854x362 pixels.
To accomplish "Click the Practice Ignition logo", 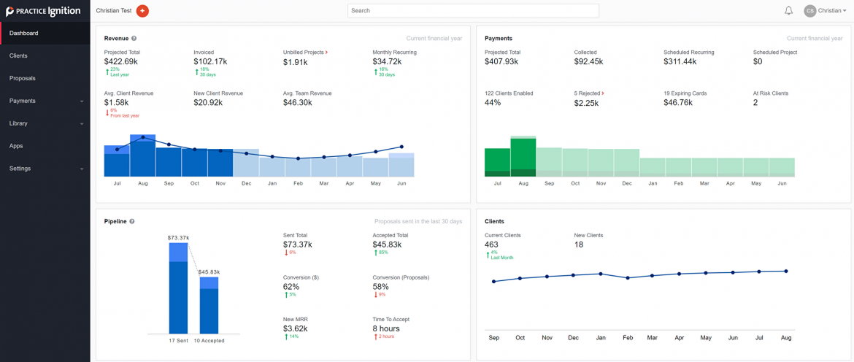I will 43,11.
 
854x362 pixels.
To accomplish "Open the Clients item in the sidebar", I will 19,55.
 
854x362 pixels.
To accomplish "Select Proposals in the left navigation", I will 23,78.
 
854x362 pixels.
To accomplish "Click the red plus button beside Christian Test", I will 142,11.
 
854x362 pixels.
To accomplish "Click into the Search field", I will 473,11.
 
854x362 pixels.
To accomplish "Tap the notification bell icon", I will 788,11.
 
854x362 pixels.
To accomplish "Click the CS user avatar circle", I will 809,11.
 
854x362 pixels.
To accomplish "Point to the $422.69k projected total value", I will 121,62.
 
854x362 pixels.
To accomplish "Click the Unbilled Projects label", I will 304,53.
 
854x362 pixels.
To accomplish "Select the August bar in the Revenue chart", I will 142,156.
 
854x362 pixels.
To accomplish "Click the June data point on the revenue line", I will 401,147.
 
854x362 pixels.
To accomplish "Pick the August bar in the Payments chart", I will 523,156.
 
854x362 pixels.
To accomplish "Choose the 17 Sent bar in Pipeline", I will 179,288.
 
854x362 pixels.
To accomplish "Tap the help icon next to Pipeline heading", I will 132,221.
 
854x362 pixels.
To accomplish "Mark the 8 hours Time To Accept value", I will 386,328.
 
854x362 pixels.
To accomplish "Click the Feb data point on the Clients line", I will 627,278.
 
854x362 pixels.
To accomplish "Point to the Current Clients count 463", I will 491,244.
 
